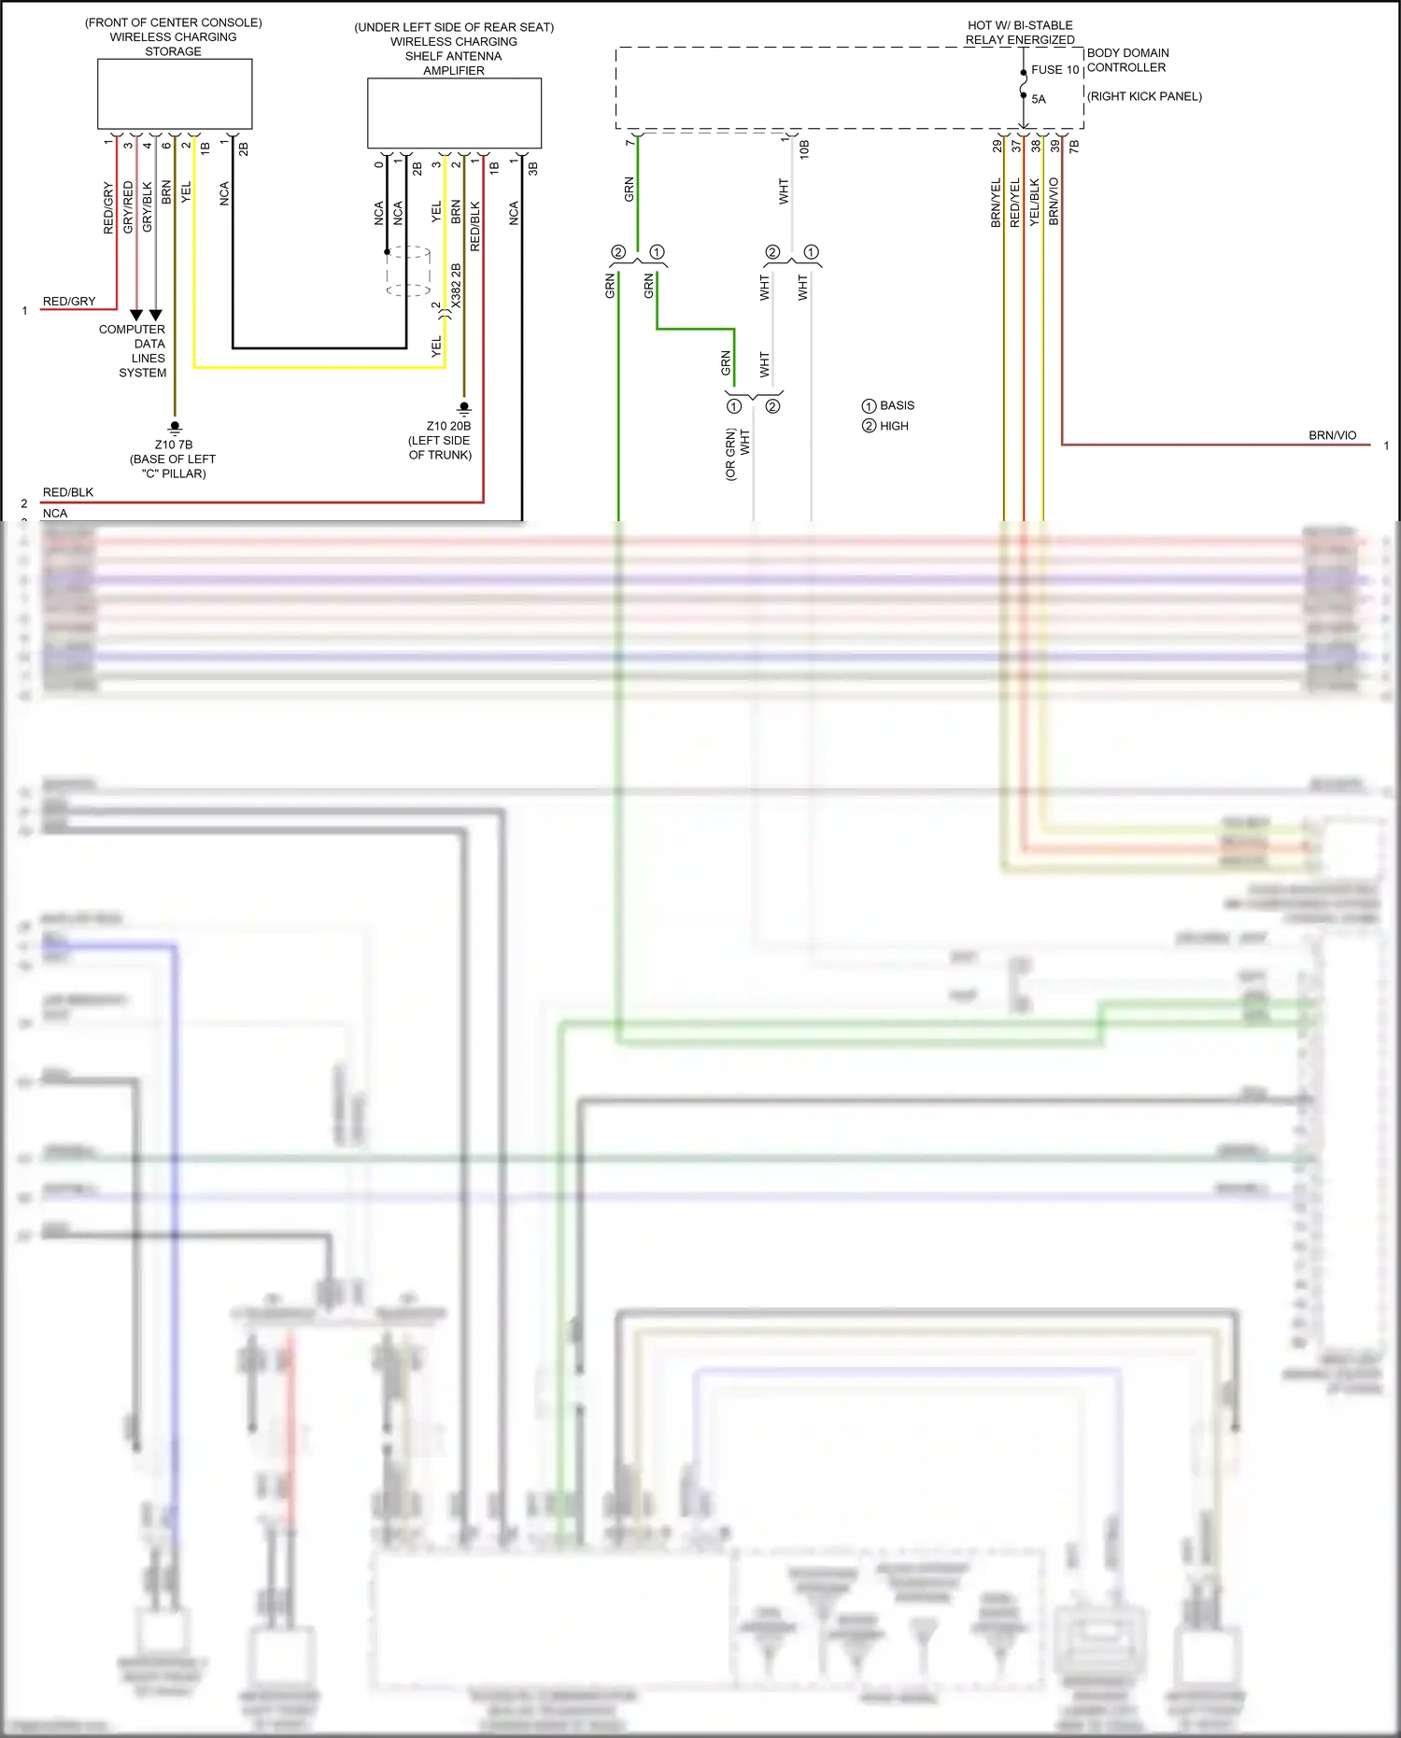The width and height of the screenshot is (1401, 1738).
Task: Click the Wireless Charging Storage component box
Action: (x=175, y=93)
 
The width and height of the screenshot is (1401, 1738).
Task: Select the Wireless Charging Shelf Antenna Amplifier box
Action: (x=454, y=113)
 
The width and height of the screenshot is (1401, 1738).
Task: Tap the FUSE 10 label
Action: (x=1054, y=70)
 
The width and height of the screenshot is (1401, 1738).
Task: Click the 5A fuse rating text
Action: (x=1039, y=99)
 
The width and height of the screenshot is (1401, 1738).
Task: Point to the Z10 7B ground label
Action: (x=174, y=445)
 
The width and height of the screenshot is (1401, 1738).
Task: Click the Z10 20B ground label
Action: (x=448, y=426)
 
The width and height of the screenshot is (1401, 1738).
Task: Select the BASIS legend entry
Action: (x=896, y=405)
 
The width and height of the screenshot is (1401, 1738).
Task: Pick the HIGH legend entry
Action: (x=893, y=426)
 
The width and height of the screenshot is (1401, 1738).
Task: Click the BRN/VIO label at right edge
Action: (x=1332, y=435)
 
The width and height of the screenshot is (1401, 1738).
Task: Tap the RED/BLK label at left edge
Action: (x=68, y=492)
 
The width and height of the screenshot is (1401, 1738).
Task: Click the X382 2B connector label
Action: (x=456, y=286)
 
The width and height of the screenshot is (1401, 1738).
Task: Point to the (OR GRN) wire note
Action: (x=730, y=454)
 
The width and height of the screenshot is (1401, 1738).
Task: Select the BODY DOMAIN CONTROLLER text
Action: (x=1127, y=60)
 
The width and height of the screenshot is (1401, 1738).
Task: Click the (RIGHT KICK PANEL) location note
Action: (x=1144, y=96)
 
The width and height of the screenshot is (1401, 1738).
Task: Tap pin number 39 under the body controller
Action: (x=1054, y=146)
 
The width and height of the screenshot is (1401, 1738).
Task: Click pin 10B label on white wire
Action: (x=803, y=148)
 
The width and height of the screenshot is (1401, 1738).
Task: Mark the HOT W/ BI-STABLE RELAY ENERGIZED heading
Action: (x=1020, y=33)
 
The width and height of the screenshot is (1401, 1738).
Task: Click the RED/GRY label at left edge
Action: (x=69, y=301)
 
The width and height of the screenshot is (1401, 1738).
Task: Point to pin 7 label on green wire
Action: (x=630, y=142)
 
